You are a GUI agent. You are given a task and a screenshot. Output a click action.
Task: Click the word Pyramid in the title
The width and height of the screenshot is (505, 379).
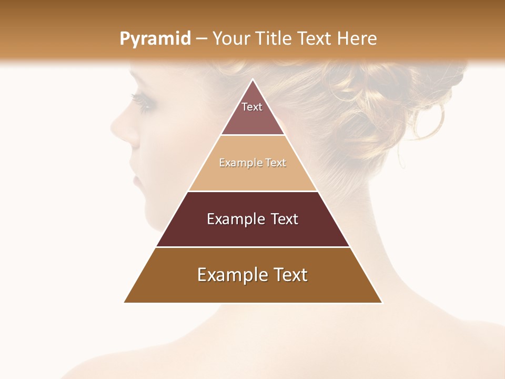tap(155, 39)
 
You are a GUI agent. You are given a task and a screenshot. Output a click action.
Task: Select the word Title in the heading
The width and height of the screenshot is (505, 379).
tap(275, 39)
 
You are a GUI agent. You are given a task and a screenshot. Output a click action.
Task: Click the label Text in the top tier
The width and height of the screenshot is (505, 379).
tap(252, 107)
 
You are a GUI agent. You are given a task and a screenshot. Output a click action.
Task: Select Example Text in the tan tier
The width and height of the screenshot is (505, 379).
tap(252, 163)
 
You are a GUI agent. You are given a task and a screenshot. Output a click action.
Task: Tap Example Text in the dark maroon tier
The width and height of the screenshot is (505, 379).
tap(252, 219)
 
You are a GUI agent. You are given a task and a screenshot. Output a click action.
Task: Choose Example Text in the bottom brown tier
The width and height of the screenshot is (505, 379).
tap(252, 275)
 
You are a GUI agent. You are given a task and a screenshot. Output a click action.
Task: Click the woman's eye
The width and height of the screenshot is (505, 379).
tap(144, 103)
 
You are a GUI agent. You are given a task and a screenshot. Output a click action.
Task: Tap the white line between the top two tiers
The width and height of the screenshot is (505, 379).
tap(252, 135)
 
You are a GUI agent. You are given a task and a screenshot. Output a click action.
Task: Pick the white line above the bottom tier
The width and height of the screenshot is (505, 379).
tap(252, 247)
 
